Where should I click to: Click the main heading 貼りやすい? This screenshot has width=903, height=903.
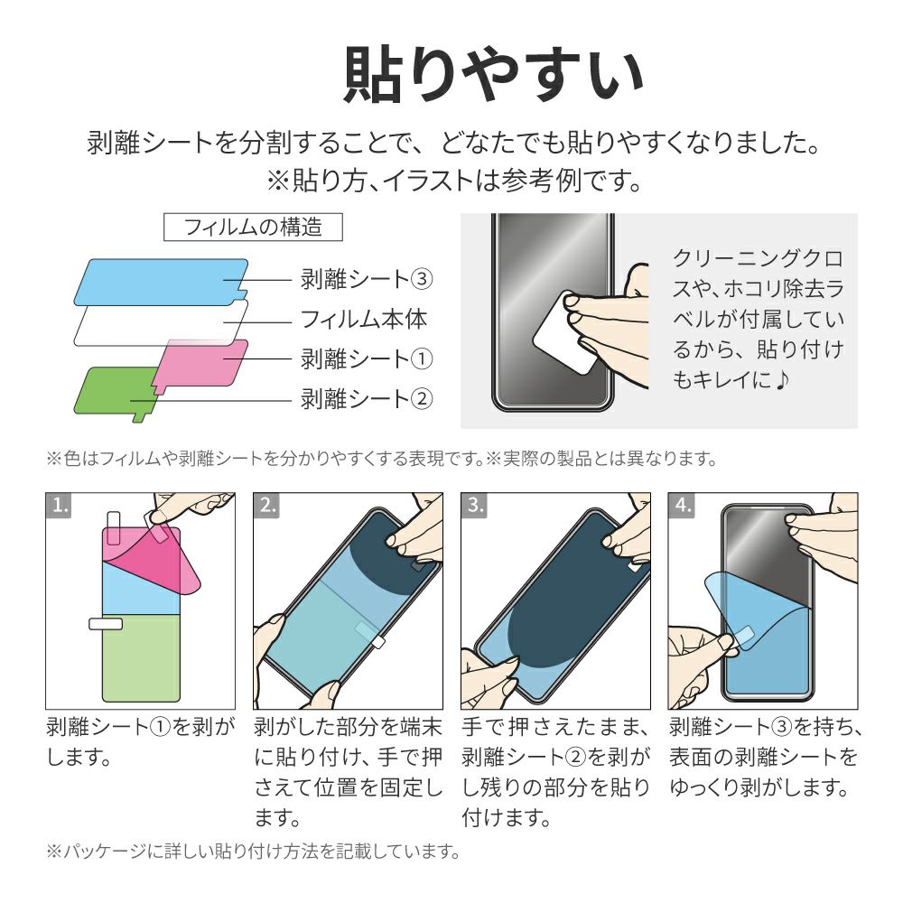(x=494, y=76)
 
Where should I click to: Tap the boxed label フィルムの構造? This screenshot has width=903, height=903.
(x=253, y=227)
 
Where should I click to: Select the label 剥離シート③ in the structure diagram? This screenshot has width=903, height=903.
(x=367, y=279)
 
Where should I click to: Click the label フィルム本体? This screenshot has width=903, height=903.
(x=364, y=319)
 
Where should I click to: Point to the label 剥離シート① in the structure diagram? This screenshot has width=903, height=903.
(x=367, y=358)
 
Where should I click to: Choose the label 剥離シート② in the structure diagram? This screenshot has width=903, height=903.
(x=367, y=398)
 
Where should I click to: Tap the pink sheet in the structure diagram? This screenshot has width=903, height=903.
(x=201, y=363)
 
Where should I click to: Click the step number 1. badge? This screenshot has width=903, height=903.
(x=59, y=505)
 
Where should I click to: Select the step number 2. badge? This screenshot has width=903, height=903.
(x=266, y=505)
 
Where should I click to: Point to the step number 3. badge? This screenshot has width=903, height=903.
(x=474, y=505)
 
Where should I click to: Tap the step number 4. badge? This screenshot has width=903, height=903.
(x=682, y=505)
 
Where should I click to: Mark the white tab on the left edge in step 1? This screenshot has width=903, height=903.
(x=106, y=624)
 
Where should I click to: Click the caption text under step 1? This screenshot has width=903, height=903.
(x=141, y=741)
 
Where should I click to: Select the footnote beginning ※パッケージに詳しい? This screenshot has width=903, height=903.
(x=254, y=852)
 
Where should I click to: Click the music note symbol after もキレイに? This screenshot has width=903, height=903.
(x=781, y=379)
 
